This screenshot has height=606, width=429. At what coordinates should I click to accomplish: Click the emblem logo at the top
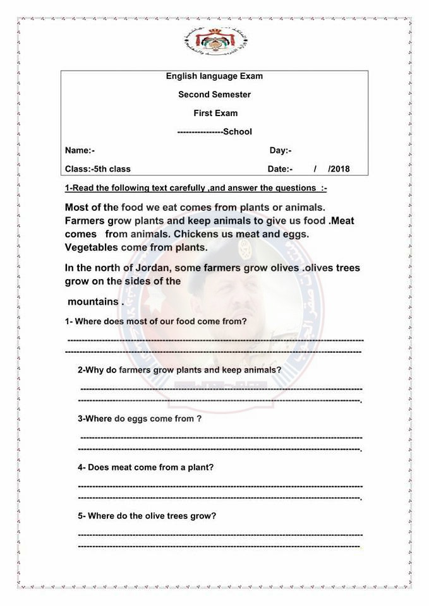214,39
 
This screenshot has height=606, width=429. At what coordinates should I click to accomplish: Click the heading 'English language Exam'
214,76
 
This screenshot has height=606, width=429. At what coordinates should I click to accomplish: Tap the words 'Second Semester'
214,95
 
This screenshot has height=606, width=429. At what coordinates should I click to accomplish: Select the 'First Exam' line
215,113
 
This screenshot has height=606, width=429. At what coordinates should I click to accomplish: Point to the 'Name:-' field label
80,150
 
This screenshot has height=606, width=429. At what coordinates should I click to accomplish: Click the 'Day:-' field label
281,150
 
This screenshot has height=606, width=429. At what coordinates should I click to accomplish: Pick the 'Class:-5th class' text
98,169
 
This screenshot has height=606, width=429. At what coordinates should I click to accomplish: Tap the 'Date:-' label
280,169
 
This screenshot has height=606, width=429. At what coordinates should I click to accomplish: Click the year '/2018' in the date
339,169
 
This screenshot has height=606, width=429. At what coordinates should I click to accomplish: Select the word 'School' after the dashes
238,132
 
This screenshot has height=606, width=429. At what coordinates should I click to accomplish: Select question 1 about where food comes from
155,321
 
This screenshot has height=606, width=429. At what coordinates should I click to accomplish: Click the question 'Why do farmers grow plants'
179,370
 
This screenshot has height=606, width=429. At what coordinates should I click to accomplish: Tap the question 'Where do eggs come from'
140,419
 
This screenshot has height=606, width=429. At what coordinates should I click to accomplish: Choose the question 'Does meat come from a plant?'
146,467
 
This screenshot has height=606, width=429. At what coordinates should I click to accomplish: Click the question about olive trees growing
147,516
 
